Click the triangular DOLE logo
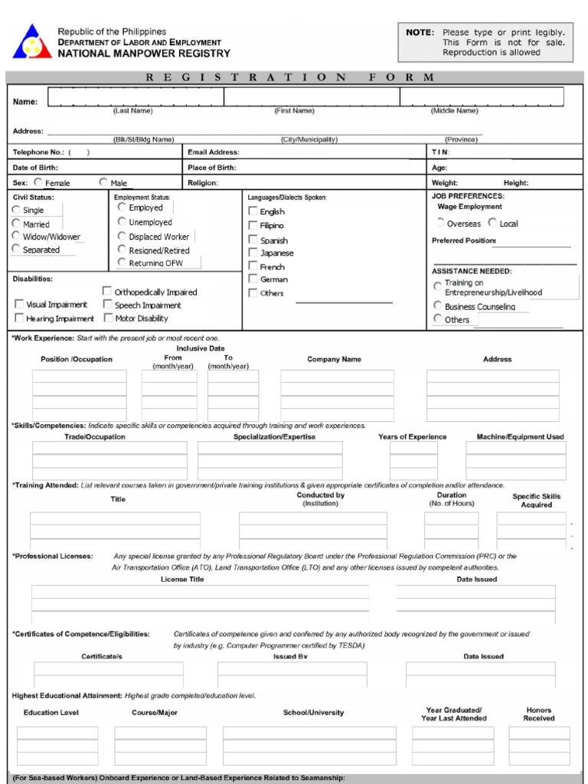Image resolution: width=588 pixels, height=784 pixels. [31, 42]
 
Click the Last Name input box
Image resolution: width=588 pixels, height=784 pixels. [136, 97]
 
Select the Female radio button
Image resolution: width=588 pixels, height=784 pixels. [38, 183]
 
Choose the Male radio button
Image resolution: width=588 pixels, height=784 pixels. [103, 183]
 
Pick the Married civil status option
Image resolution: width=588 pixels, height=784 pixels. [17, 224]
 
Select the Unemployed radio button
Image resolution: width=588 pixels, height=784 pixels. [122, 222]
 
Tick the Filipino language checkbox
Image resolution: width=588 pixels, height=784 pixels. [253, 226]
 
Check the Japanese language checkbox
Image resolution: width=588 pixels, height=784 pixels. [253, 253]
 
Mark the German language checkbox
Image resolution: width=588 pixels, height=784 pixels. [253, 279]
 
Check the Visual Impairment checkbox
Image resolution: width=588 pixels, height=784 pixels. [19, 304]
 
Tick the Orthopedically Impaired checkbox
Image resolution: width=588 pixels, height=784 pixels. [107, 291]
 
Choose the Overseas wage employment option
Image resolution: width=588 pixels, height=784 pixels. [440, 223]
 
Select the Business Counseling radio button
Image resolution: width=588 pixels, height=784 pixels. [438, 306]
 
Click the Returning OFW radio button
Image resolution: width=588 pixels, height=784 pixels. [122, 263]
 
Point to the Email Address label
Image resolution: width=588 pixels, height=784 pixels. [213, 152]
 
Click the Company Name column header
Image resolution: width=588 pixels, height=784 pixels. [334, 359]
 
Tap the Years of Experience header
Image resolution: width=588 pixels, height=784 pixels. [412, 437]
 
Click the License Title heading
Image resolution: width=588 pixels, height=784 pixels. [182, 580]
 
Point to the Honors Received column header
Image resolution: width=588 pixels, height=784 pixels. [538, 714]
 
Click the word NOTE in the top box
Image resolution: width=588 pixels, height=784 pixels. [420, 32]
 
